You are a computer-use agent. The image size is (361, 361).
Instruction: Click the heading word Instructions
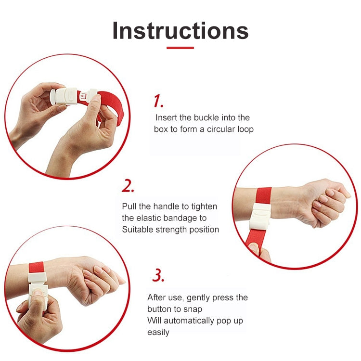point(180,31)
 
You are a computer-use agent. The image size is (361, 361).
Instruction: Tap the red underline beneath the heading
point(180,48)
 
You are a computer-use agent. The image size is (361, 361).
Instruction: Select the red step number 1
point(158,101)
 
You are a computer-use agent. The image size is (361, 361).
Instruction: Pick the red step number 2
point(128,186)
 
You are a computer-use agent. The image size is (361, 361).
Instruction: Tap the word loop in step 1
point(245,129)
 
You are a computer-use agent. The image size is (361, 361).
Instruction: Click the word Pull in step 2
point(129,206)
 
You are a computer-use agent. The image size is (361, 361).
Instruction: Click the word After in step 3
point(156,297)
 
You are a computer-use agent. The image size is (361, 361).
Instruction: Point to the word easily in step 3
point(158,333)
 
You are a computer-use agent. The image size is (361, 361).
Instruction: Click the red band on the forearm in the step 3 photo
point(37,267)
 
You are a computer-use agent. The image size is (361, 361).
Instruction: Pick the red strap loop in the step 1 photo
point(111,103)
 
